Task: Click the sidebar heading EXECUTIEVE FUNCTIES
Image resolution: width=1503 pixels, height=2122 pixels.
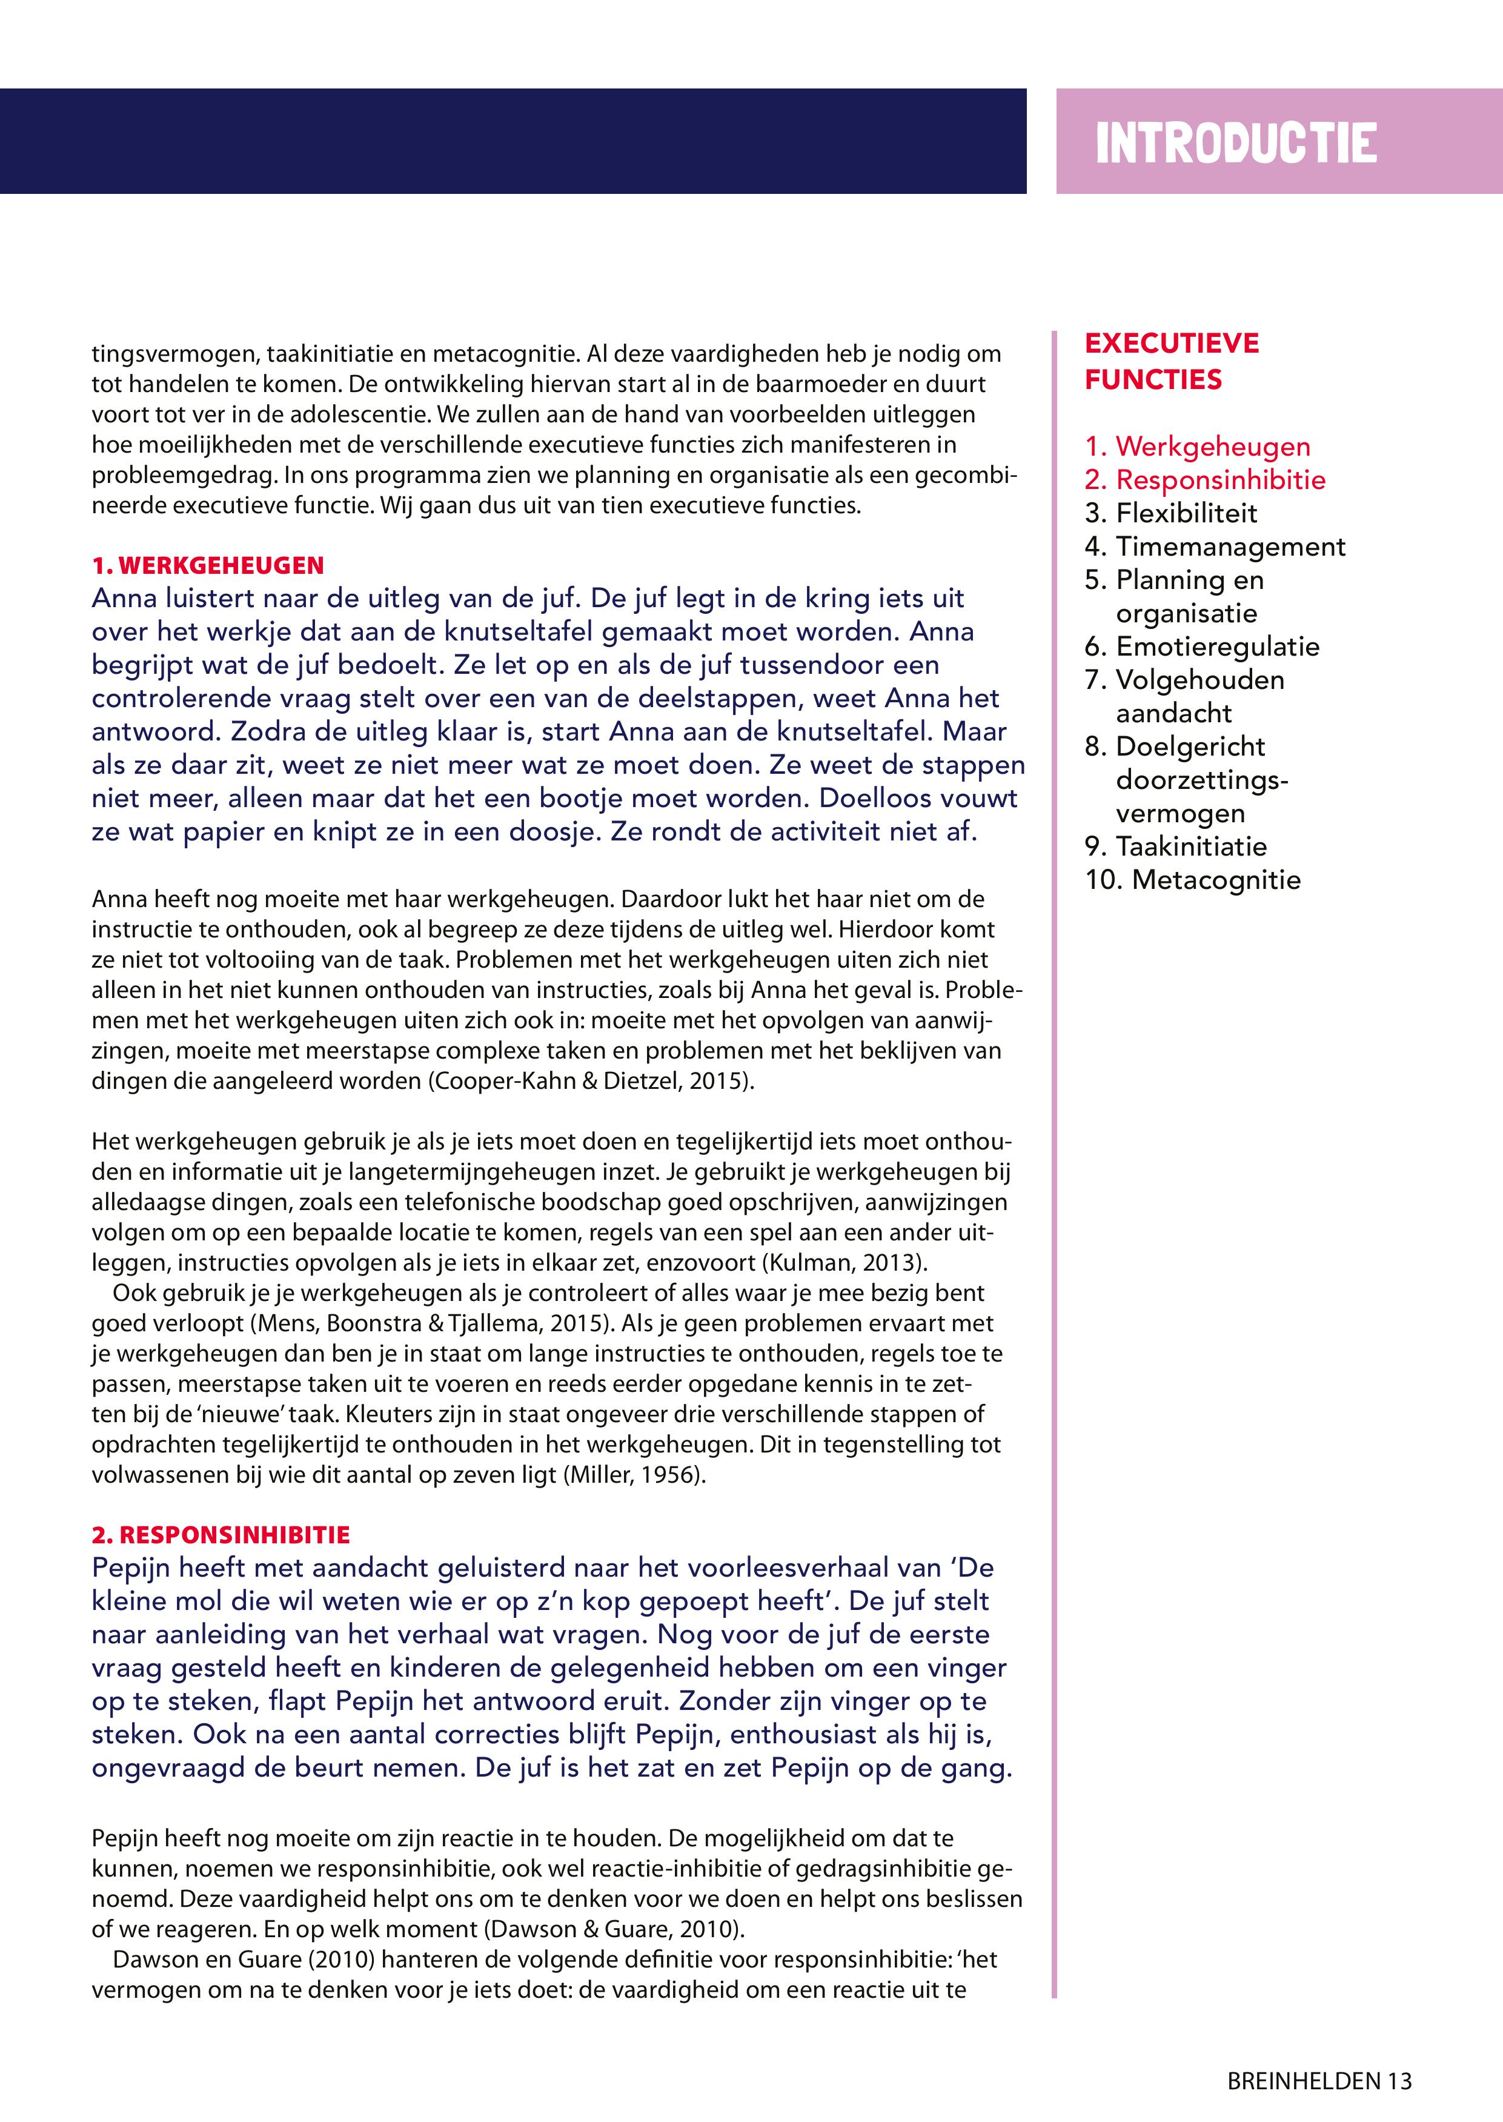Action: [1172, 361]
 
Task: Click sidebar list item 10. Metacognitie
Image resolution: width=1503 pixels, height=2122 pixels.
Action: [1192, 880]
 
